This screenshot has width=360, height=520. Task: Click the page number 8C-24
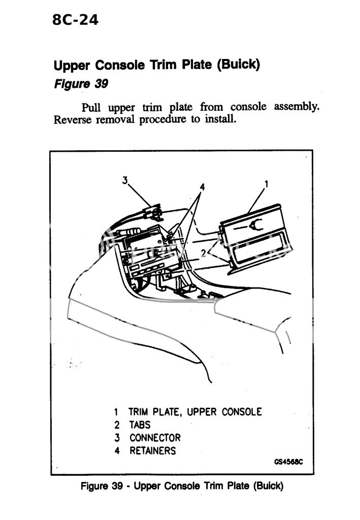[75, 20]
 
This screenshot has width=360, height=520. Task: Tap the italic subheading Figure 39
[81, 84]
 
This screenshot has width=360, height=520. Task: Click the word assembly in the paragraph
[297, 107]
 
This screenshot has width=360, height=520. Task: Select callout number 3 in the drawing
[124, 179]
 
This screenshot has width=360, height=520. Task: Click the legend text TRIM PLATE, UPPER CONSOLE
[195, 412]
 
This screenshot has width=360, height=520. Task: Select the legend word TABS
[140, 425]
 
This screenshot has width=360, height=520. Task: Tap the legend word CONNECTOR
[154, 437]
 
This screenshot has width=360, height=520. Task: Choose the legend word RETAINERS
[152, 450]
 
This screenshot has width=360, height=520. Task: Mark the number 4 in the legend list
[116, 450]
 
